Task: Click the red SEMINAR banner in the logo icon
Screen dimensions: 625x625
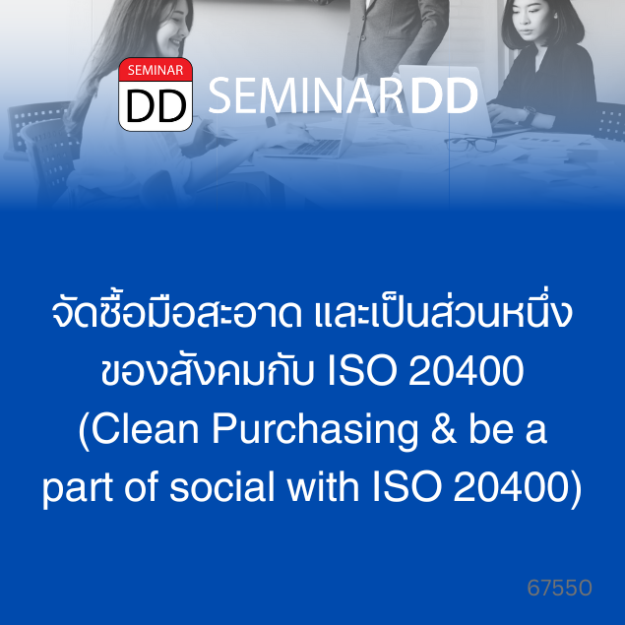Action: click(x=156, y=70)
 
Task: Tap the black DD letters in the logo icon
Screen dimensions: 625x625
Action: click(x=156, y=105)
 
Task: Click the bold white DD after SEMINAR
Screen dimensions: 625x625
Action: click(x=444, y=95)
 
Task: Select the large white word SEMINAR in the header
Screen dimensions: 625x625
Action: click(x=306, y=95)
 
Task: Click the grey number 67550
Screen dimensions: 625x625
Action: click(x=559, y=588)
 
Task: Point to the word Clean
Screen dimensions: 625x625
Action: click(x=146, y=429)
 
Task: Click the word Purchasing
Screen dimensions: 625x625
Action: click(x=315, y=431)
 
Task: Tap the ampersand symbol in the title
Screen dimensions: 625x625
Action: click(x=443, y=429)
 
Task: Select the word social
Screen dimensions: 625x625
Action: click(x=222, y=487)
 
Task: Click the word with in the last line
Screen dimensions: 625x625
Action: click(x=324, y=487)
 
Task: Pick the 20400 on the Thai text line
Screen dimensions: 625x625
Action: click(x=466, y=371)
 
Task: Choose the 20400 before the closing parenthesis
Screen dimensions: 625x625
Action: click(x=511, y=487)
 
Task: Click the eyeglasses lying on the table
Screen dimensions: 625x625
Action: click(x=470, y=144)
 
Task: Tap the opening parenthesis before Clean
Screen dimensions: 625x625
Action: click(x=84, y=431)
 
